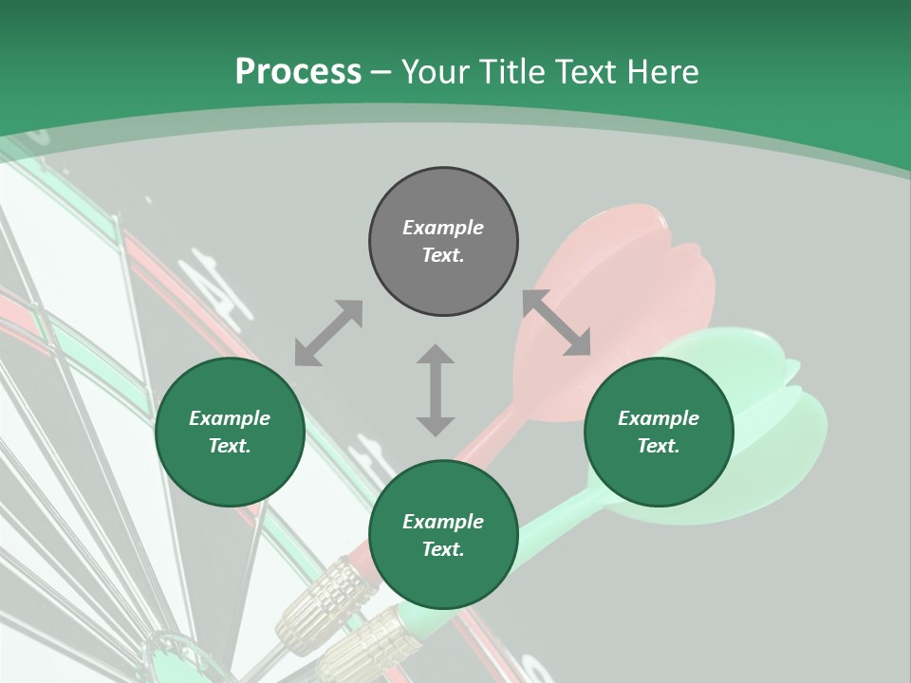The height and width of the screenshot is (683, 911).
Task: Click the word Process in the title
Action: [x=298, y=72]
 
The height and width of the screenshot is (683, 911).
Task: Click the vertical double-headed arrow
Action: [x=436, y=390]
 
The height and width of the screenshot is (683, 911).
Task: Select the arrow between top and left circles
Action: [x=328, y=333]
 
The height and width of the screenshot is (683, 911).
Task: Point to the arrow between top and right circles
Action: [x=556, y=323]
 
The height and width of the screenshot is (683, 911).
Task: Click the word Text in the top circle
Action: [x=442, y=255]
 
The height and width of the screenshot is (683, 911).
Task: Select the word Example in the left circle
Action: [x=230, y=418]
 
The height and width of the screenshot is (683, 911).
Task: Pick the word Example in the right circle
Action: [x=659, y=418]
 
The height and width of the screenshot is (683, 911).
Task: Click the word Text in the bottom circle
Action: [x=442, y=549]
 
